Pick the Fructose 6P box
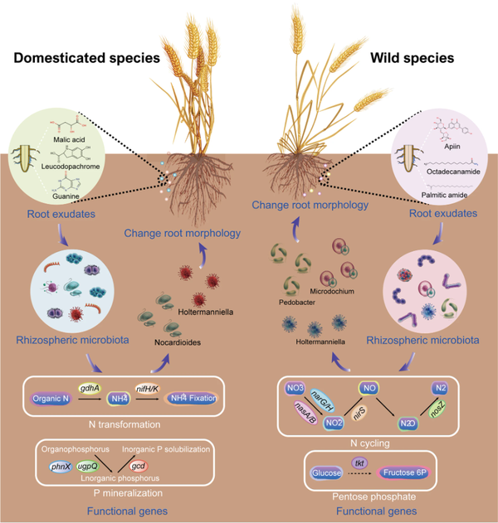[x=411, y=473]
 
